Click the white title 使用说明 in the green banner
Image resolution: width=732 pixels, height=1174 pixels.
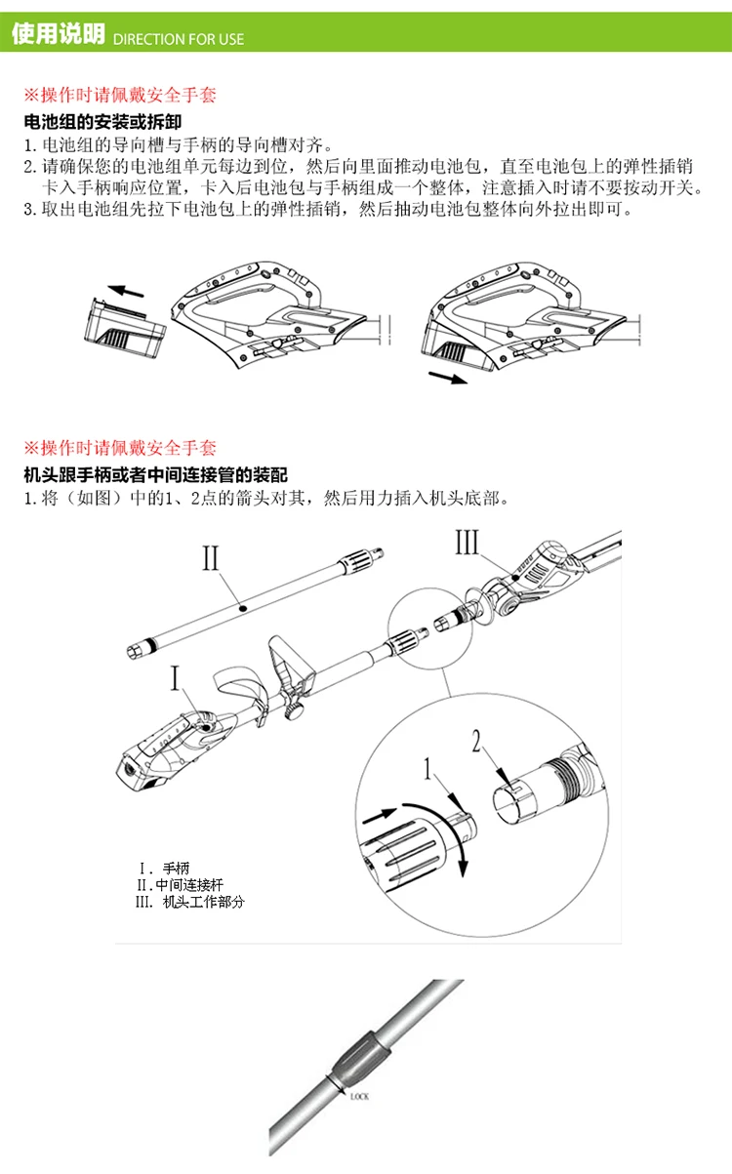(59, 34)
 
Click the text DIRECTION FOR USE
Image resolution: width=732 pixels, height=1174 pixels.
(179, 39)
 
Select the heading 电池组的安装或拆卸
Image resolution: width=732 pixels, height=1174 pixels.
(102, 122)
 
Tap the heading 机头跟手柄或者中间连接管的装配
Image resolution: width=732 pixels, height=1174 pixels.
(155, 475)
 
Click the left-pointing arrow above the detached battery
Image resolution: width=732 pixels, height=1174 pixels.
(126, 291)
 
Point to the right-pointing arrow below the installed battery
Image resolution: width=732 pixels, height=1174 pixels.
(448, 378)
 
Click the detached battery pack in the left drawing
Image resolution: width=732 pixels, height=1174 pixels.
(125, 329)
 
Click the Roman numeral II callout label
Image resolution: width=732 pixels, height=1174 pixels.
(211, 557)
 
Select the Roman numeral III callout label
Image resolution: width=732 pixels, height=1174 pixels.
(467, 542)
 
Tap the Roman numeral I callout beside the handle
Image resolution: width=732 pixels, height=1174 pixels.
(176, 678)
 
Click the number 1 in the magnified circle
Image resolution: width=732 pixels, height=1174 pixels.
(428, 770)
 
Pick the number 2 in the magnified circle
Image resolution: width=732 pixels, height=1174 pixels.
(475, 741)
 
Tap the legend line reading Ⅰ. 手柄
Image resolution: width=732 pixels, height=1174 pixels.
(164, 869)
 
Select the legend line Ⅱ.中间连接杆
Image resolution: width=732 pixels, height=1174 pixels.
(180, 885)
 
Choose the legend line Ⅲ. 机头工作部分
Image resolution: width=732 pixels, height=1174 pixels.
(190, 902)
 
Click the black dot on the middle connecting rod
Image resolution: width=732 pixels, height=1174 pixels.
(242, 608)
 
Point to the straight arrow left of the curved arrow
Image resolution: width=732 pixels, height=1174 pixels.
(380, 815)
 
